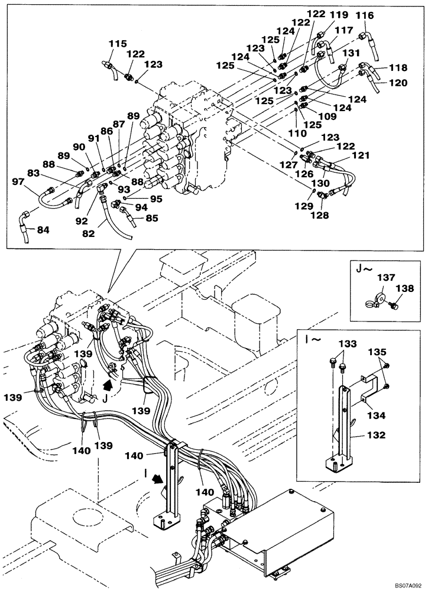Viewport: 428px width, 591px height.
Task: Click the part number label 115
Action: tap(118, 43)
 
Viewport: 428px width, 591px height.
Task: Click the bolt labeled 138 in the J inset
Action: tap(395, 304)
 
